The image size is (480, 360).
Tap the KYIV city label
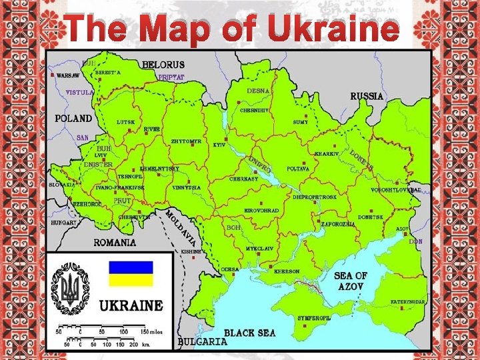pos(219,145)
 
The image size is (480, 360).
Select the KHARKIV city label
pos(327,154)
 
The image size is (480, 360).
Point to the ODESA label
pos(230,269)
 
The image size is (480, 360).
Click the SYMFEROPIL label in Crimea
pos(314,318)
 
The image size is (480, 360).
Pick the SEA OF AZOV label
pos(351,281)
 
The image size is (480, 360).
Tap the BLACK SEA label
pos(249,332)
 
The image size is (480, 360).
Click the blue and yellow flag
pos(131,273)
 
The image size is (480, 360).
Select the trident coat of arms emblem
pos(70,288)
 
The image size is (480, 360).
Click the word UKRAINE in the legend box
pos(131,306)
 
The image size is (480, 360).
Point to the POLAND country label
pos(73,118)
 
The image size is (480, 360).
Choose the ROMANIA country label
pos(115,243)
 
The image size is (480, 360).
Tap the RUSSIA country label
pos(367,96)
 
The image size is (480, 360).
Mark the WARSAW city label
pos(68,76)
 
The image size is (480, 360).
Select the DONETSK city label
pos(370,217)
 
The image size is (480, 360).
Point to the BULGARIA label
pos(203,341)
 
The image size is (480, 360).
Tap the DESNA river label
pos(258,91)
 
